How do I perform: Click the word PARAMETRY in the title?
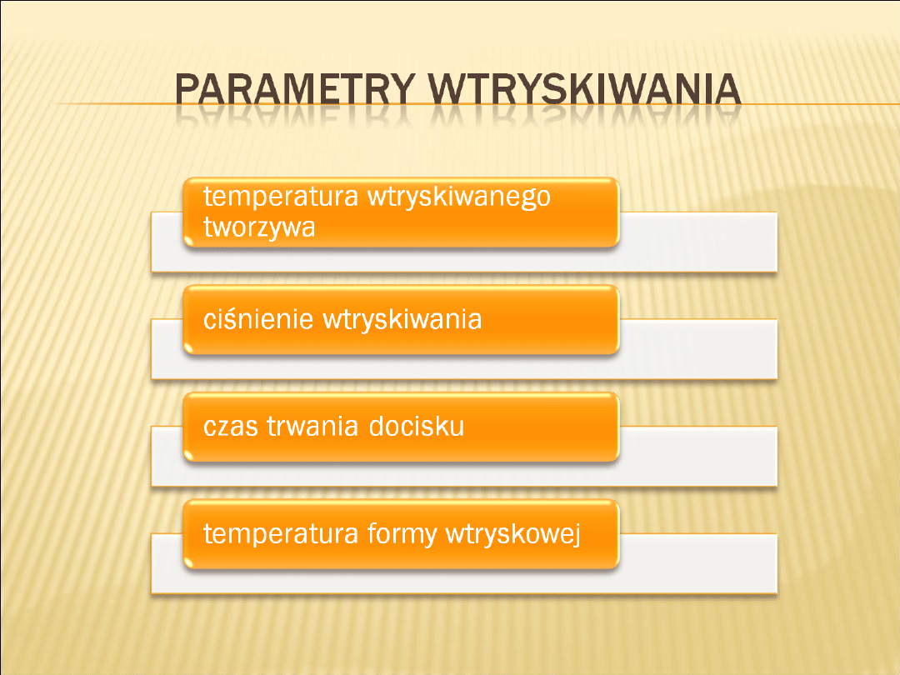[295, 89]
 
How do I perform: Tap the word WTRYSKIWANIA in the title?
[585, 89]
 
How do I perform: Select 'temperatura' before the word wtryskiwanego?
[281, 197]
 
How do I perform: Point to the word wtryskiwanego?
[458, 197]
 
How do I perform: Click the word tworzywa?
[259, 227]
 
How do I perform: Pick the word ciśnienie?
[258, 319]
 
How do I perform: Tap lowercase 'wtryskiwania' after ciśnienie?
[402, 319]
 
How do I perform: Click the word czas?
[231, 427]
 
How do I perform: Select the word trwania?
[313, 427]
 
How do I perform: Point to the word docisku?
[416, 427]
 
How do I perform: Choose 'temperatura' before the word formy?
[281, 534]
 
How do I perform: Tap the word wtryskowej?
[513, 534]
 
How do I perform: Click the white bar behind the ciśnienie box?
[698, 349]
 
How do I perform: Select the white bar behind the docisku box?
[698, 457]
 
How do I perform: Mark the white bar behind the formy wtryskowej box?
[698, 563]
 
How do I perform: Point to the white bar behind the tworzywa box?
[698, 242]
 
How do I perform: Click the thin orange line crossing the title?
[477, 104]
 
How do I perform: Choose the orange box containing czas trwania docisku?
[401, 427]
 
